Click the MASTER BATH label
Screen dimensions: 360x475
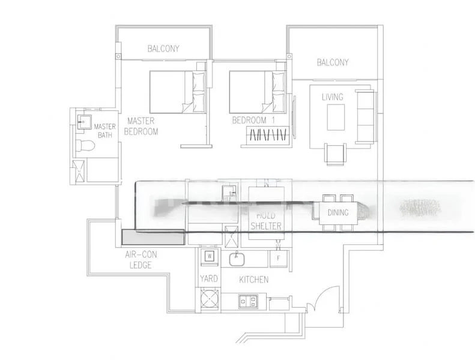click(x=104, y=130)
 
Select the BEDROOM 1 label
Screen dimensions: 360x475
click(x=252, y=121)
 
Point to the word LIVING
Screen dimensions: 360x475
click(x=332, y=97)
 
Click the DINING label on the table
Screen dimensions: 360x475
click(x=338, y=212)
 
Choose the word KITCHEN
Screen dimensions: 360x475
click(x=253, y=280)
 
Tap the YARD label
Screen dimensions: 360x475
click(x=208, y=279)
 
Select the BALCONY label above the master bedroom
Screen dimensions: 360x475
click(x=163, y=49)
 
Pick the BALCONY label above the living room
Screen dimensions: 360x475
click(x=332, y=62)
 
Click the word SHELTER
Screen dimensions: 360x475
click(x=265, y=226)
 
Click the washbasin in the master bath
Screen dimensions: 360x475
click(x=82, y=120)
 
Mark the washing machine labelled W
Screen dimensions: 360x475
click(x=210, y=256)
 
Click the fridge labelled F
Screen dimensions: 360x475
click(x=279, y=258)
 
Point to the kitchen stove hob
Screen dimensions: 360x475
click(x=248, y=299)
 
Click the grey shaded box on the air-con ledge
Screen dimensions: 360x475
click(x=153, y=237)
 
